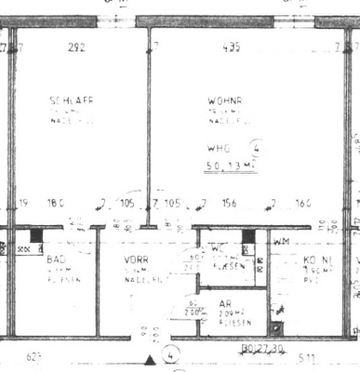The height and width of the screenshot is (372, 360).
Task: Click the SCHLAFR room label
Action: [x=72, y=100]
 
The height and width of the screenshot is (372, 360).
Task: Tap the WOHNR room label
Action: [x=229, y=100]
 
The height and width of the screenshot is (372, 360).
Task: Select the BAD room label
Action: [x=56, y=260]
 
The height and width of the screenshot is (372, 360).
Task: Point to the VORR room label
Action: [x=138, y=260]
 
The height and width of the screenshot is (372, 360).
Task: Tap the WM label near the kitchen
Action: [x=282, y=243]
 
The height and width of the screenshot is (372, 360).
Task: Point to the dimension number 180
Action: [x=57, y=203]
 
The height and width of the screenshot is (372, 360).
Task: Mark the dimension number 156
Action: [x=229, y=203]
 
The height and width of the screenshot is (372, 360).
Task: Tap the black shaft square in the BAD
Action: [x=36, y=237]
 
